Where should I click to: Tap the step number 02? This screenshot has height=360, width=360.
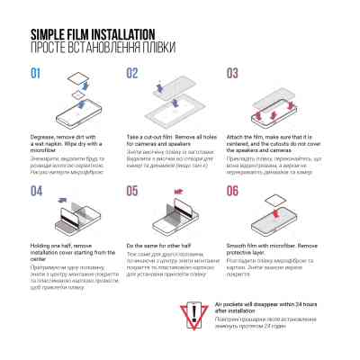pos(132,73)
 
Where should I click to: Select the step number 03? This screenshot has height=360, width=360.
pos(231,73)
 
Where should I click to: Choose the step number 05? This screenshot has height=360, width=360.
pos(132,190)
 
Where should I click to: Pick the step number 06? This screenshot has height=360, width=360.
pos(231,190)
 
